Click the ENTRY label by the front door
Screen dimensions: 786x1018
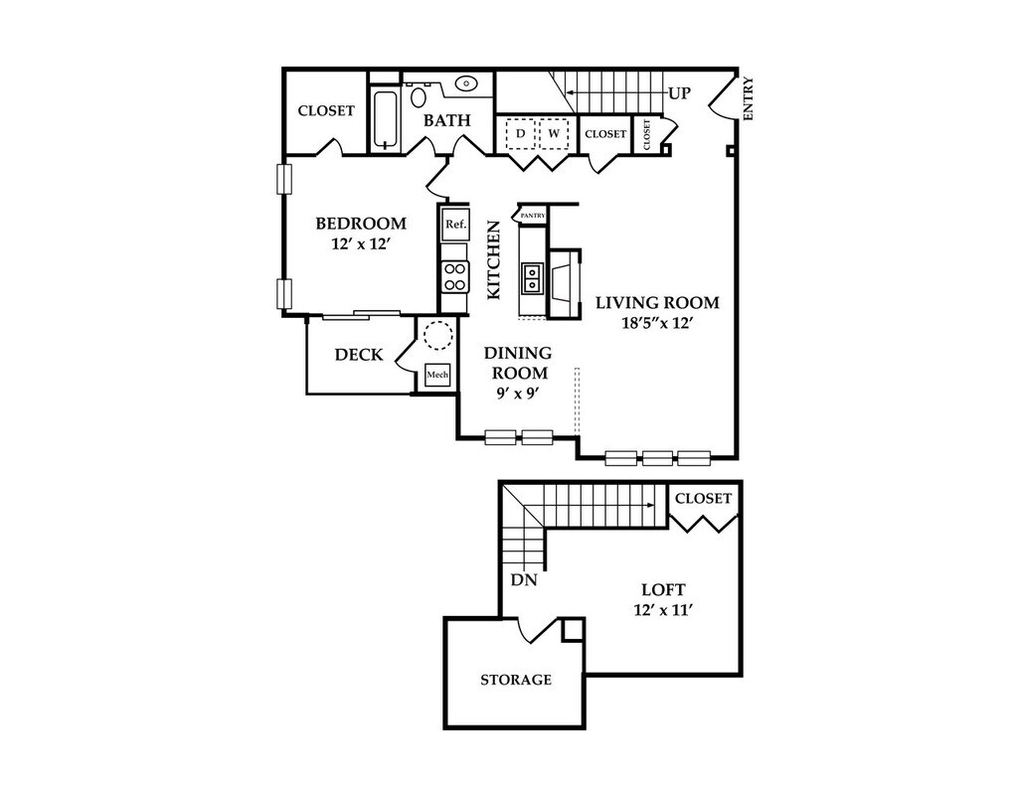pos(749,99)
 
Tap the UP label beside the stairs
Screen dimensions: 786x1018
pos(679,93)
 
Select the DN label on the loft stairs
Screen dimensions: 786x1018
pos(524,579)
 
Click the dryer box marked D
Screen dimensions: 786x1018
pos(520,132)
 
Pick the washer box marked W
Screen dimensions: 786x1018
pos(554,132)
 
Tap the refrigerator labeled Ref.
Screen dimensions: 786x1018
pos(455,225)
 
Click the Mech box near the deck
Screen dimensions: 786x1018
pos(437,375)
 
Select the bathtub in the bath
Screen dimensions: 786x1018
pos(385,119)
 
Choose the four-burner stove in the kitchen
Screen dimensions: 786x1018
pos(455,275)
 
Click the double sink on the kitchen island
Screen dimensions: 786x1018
pos(533,277)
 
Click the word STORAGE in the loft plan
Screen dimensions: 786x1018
pos(516,680)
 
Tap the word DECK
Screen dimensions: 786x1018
pos(359,355)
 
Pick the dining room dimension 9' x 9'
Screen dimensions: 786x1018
pos(517,393)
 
